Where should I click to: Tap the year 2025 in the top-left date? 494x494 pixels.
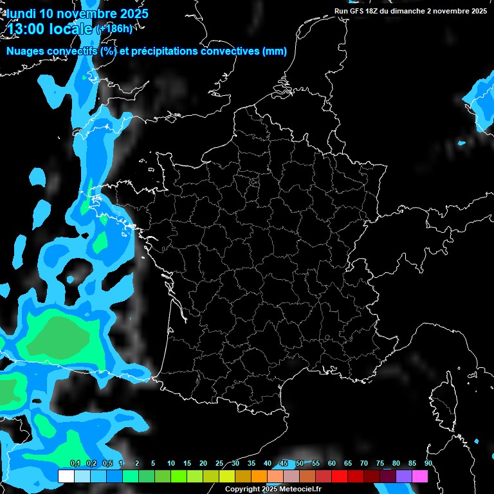click(130, 13)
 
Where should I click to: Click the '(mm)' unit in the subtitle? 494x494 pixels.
click(275, 51)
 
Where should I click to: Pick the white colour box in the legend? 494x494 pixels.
click(66, 476)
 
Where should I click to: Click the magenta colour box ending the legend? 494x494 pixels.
click(420, 476)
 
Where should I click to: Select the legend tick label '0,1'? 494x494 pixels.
click(75, 463)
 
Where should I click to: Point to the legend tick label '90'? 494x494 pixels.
click(428, 463)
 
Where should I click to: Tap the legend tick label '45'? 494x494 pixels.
click(284, 463)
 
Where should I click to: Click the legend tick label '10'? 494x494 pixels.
click(171, 463)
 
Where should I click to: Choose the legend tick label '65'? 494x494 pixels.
click(348, 463)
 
